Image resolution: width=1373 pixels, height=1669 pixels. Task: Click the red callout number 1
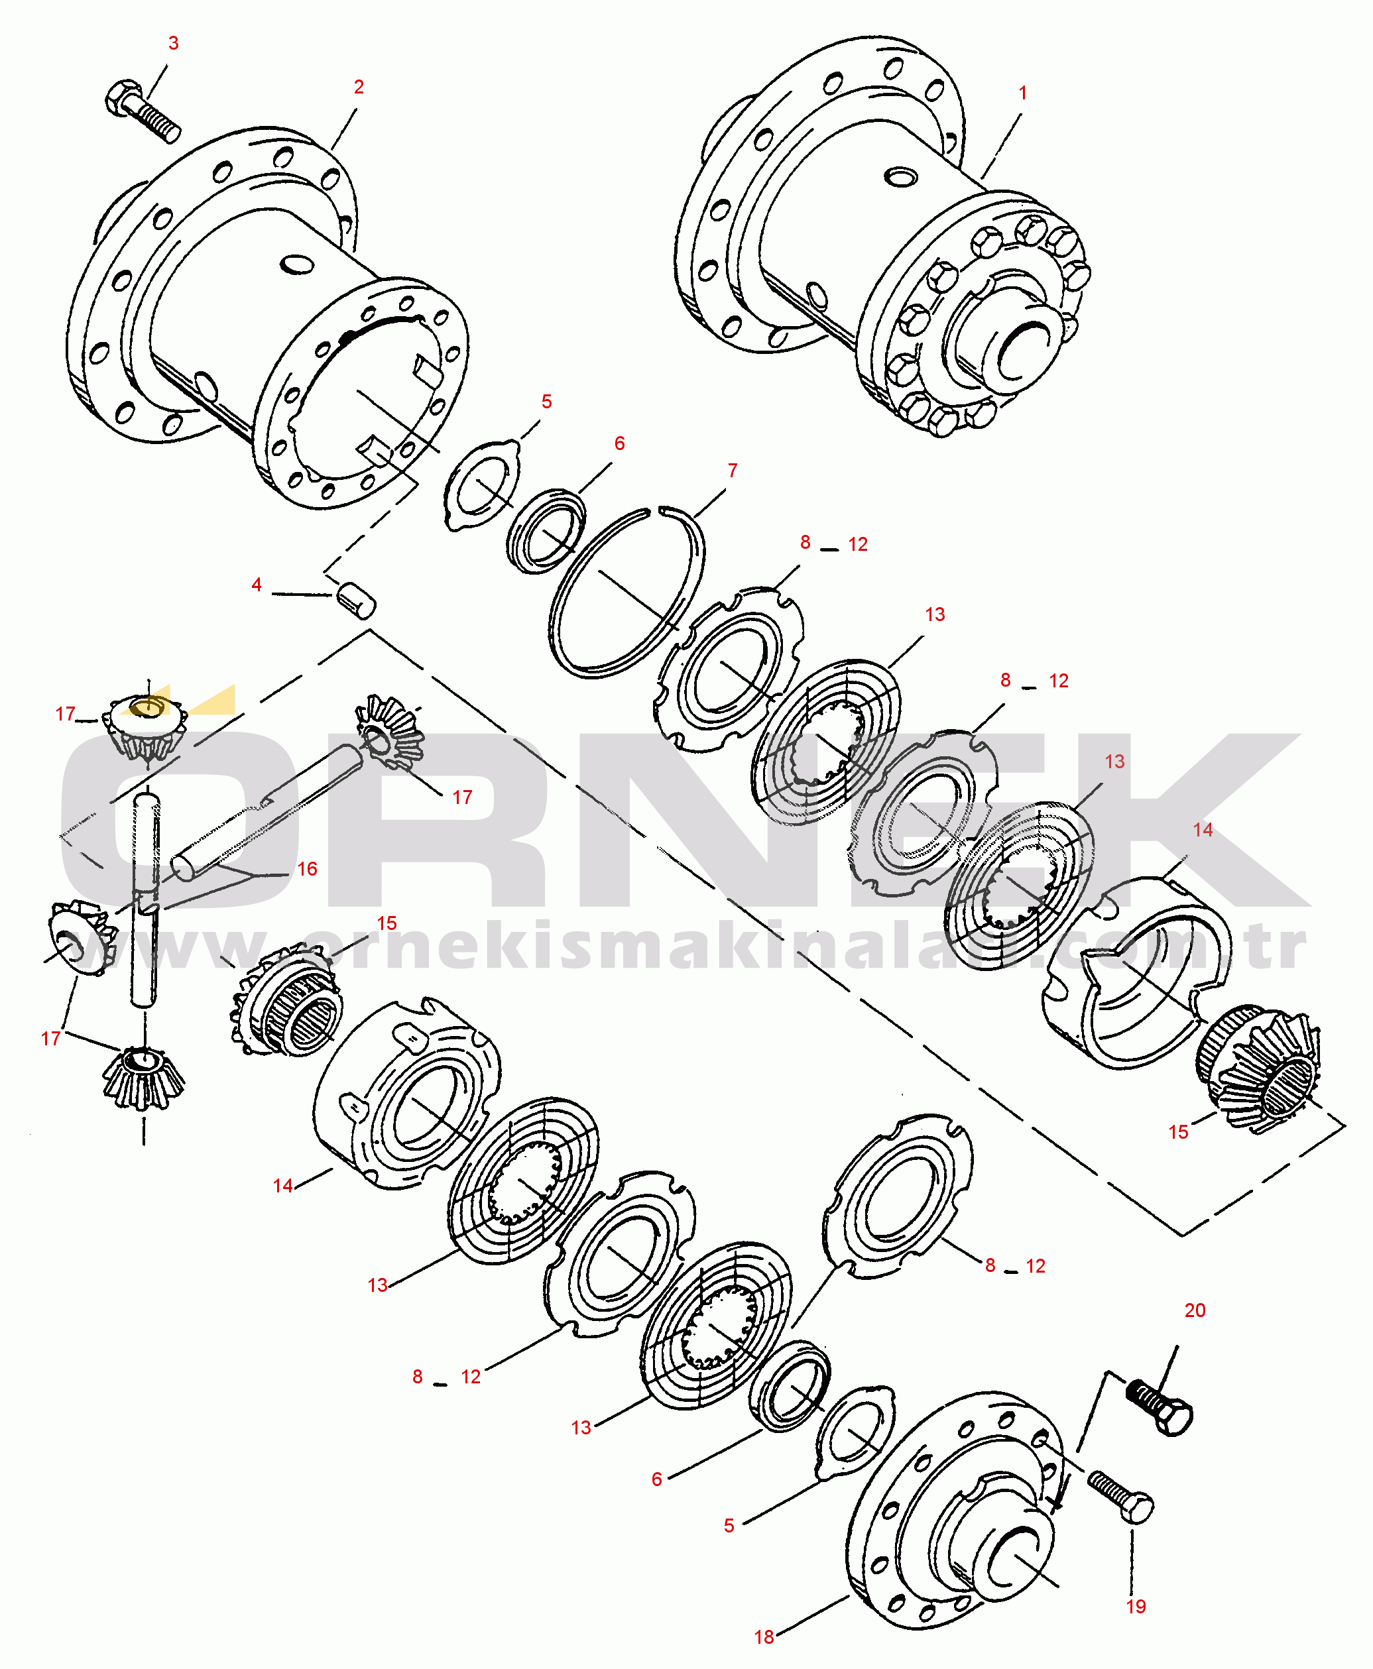(x=1023, y=93)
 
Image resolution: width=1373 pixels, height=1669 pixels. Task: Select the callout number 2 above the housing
(x=359, y=87)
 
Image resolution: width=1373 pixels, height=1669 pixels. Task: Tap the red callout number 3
(x=174, y=44)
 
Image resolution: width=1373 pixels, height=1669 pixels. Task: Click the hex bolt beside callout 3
(x=143, y=111)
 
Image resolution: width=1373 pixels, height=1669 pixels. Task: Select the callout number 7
(x=733, y=471)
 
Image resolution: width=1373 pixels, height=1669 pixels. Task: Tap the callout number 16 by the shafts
(x=307, y=869)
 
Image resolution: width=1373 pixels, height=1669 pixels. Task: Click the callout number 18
(x=764, y=1637)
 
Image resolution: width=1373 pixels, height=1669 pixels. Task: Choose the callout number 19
(x=1136, y=1607)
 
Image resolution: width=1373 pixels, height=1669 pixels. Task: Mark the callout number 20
(x=1195, y=1310)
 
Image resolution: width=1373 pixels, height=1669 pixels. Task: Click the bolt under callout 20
(x=1159, y=1407)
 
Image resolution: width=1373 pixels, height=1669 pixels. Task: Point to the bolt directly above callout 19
(x=1120, y=1496)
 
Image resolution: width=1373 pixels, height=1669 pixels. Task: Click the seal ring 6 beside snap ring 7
(x=546, y=530)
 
